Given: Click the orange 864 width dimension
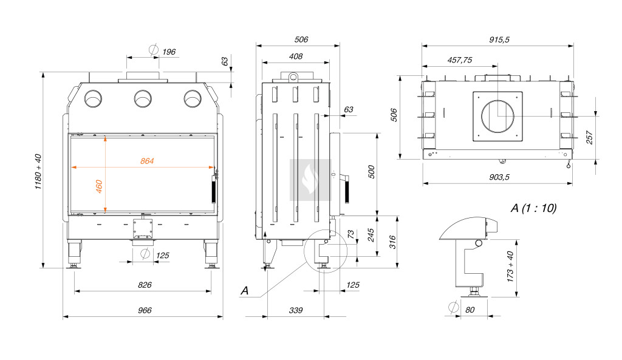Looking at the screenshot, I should [147, 161].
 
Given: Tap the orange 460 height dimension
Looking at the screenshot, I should [100, 186].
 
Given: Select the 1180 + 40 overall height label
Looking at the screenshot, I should [38, 171].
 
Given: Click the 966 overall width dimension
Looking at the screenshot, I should [144, 310].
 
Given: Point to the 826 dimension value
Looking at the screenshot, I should [144, 285].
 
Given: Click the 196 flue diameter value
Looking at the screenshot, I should [169, 52].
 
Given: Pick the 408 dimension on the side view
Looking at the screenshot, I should [296, 56].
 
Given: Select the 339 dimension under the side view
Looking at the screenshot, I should [295, 310].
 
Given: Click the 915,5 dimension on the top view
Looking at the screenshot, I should [499, 39].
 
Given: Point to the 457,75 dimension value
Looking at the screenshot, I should [460, 60].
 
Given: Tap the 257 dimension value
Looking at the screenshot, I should [590, 137].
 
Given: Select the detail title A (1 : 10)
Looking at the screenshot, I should [533, 208].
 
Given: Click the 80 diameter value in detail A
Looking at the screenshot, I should [470, 309].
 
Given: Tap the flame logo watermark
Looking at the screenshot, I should [310, 180].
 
